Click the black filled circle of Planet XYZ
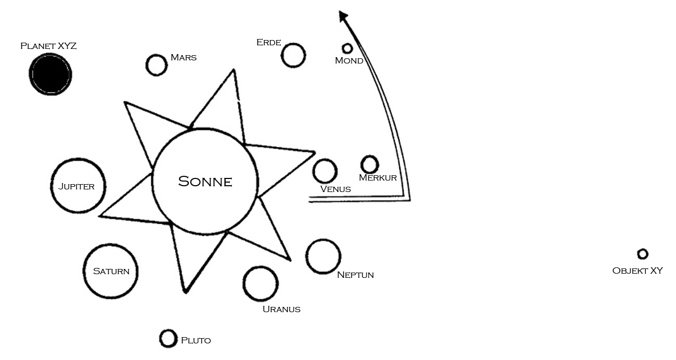tap(50, 74)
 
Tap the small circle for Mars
tap(156, 65)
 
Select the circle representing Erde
tap(293, 55)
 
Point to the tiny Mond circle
tap(347, 48)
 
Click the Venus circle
tap(325, 171)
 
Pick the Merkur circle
tap(370, 164)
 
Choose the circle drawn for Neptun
tap(323, 256)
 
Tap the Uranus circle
tap(260, 284)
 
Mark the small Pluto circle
tap(168, 339)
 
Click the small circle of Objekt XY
tap(643, 254)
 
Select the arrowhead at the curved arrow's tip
tap(343, 17)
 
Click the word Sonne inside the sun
tap(205, 182)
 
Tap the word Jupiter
tap(76, 186)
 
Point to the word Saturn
tap(111, 271)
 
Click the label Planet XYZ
tap(48, 46)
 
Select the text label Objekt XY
tap(638, 271)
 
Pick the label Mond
tap(349, 61)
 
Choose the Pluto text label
tap(196, 341)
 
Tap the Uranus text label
tap(281, 309)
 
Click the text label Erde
tap(268, 42)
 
